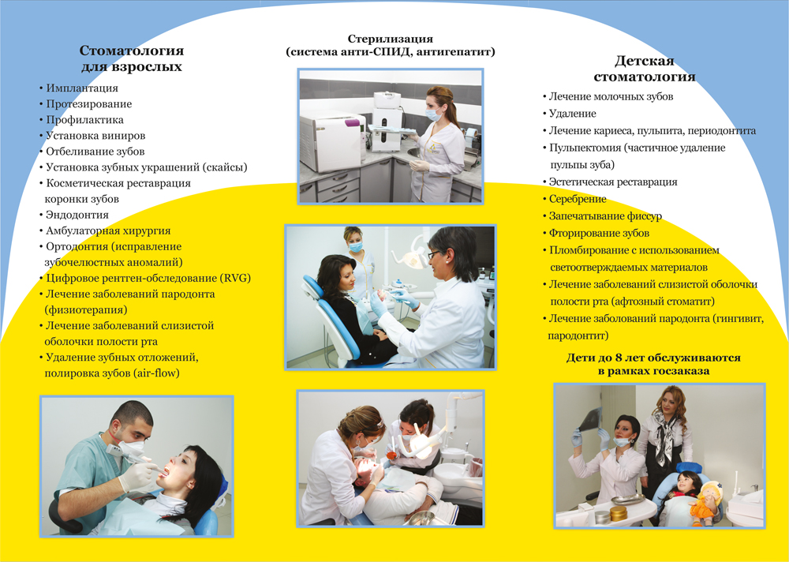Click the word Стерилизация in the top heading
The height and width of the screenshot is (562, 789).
(390, 39)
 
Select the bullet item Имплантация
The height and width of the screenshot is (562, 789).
(82, 88)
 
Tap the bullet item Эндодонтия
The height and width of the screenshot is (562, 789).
(77, 215)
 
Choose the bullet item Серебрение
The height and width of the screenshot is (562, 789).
(578, 199)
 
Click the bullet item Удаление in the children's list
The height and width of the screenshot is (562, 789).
(573, 114)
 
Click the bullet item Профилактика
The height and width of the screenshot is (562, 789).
(84, 120)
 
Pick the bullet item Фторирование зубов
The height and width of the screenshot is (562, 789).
(599, 233)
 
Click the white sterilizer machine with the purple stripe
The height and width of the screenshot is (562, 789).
(334, 142)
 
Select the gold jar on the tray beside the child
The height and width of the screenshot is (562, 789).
(619, 514)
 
